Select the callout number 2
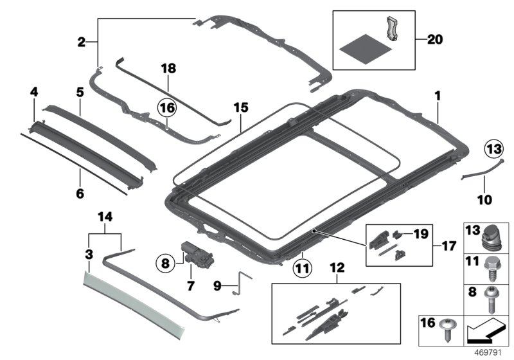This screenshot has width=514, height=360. click(x=81, y=42)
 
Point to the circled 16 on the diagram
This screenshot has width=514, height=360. click(x=166, y=109)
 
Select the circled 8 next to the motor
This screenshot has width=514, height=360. click(x=165, y=262)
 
